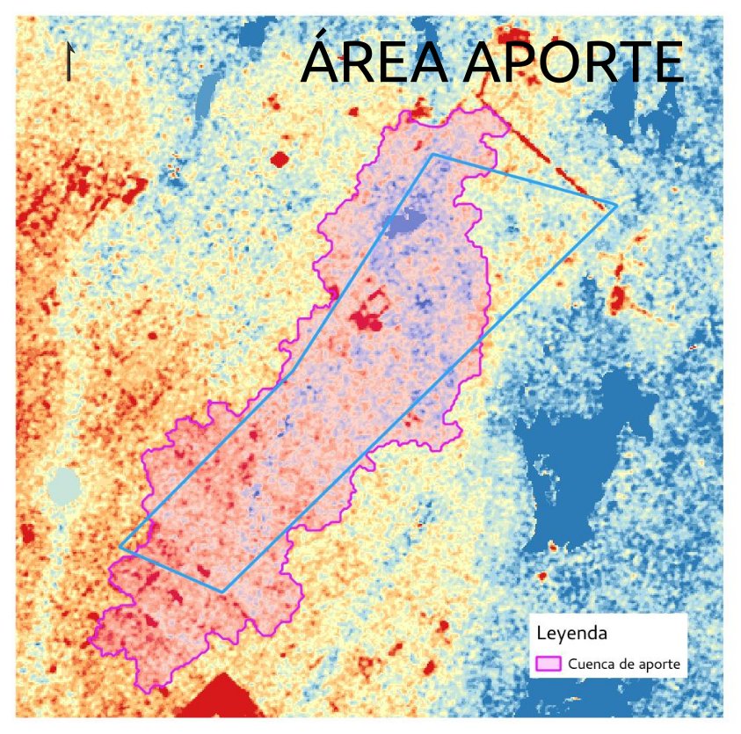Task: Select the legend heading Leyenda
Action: click(x=572, y=632)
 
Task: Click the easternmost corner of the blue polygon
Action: click(x=615, y=206)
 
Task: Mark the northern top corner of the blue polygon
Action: click(x=433, y=156)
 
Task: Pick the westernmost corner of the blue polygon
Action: click(x=120, y=547)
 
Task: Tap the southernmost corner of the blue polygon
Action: click(x=223, y=592)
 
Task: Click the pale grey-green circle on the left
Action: click(x=63, y=485)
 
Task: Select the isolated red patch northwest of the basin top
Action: click(x=280, y=159)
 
